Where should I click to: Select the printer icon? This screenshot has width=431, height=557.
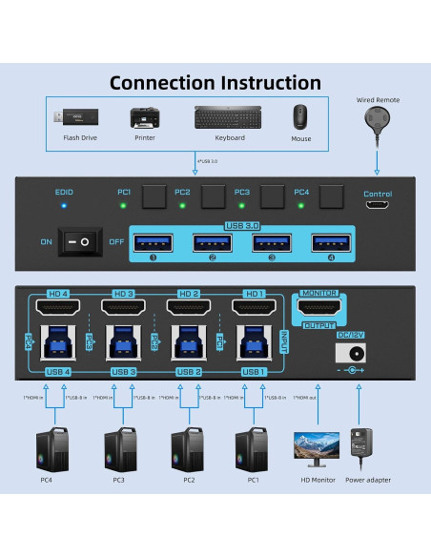(144, 118)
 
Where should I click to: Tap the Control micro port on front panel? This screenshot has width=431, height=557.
(377, 205)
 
